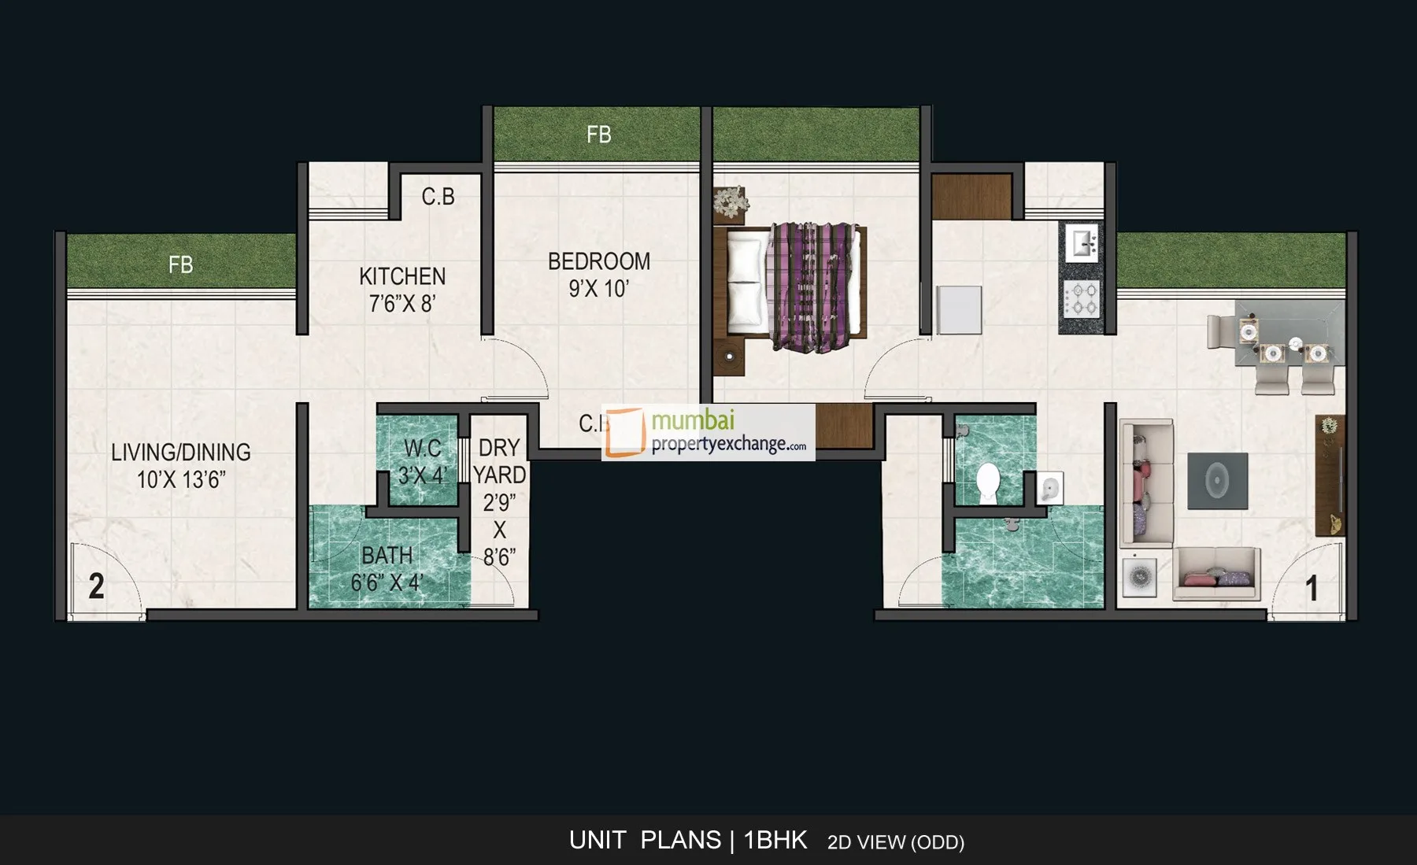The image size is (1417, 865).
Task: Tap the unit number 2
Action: (x=96, y=586)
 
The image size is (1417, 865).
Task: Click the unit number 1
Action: (x=1312, y=589)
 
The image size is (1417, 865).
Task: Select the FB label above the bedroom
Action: (x=598, y=135)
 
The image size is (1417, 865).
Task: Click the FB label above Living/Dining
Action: (x=180, y=264)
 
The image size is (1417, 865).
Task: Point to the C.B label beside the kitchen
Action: (x=438, y=196)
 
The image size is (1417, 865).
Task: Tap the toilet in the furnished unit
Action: (x=987, y=481)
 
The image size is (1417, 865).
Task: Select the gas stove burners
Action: (x=1082, y=300)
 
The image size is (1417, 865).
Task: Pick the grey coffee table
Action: (x=1217, y=480)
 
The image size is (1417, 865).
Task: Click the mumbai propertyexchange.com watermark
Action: (x=708, y=432)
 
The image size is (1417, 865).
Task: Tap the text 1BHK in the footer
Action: (x=775, y=840)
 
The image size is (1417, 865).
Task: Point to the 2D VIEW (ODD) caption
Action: (x=895, y=842)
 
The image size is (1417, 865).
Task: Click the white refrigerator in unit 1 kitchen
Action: (x=959, y=310)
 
